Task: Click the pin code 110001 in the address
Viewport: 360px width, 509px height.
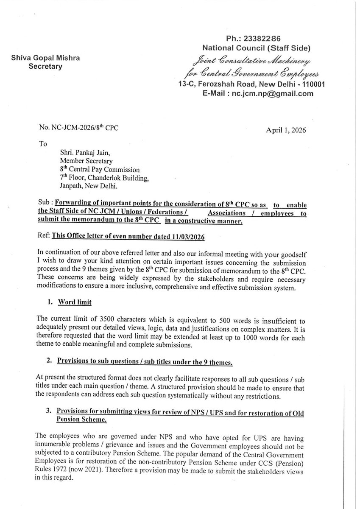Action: [x=310, y=84]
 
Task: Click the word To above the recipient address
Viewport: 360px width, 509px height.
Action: [x=43, y=143]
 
